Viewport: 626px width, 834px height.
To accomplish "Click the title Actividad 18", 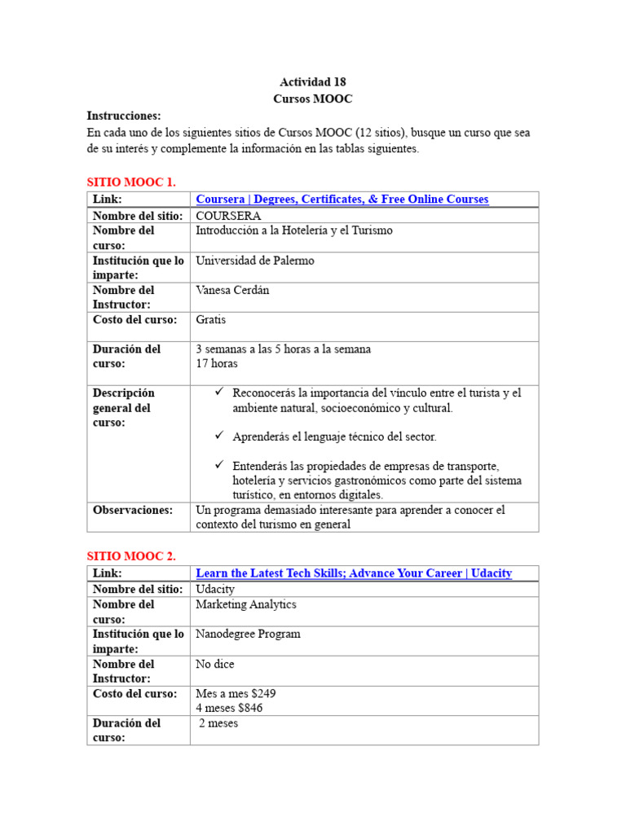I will pyautogui.click(x=313, y=82).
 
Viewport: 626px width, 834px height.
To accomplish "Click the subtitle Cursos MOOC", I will pyautogui.click(x=313, y=98).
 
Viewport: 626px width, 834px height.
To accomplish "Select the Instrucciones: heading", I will pyautogui.click(x=124, y=116).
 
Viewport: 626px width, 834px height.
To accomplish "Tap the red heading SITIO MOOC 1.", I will pyautogui.click(x=131, y=182).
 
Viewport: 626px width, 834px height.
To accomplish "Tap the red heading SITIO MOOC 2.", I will pyautogui.click(x=131, y=556).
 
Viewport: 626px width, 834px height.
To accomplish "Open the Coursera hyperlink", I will pyautogui.click(x=342, y=200).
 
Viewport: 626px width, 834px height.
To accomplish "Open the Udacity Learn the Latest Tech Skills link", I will pyautogui.click(x=354, y=573).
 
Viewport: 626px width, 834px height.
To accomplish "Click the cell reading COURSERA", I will pyautogui.click(x=228, y=216).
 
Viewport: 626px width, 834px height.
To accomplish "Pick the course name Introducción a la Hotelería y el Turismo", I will pyautogui.click(x=294, y=230).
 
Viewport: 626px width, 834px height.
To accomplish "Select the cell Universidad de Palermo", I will pyautogui.click(x=254, y=261).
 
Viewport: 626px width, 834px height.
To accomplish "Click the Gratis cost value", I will pyautogui.click(x=211, y=319).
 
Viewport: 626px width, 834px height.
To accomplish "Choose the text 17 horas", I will pyautogui.click(x=217, y=364).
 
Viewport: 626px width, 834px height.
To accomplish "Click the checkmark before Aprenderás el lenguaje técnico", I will pyautogui.click(x=219, y=436).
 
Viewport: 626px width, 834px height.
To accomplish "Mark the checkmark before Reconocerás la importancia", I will pyautogui.click(x=219, y=392).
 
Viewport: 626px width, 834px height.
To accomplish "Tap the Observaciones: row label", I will pyautogui.click(x=133, y=510).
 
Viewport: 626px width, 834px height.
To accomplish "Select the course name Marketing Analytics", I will pyautogui.click(x=246, y=604).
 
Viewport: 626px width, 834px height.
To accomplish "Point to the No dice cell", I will pyautogui.click(x=215, y=664).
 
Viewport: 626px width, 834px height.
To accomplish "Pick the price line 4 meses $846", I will pyautogui.click(x=229, y=708).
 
